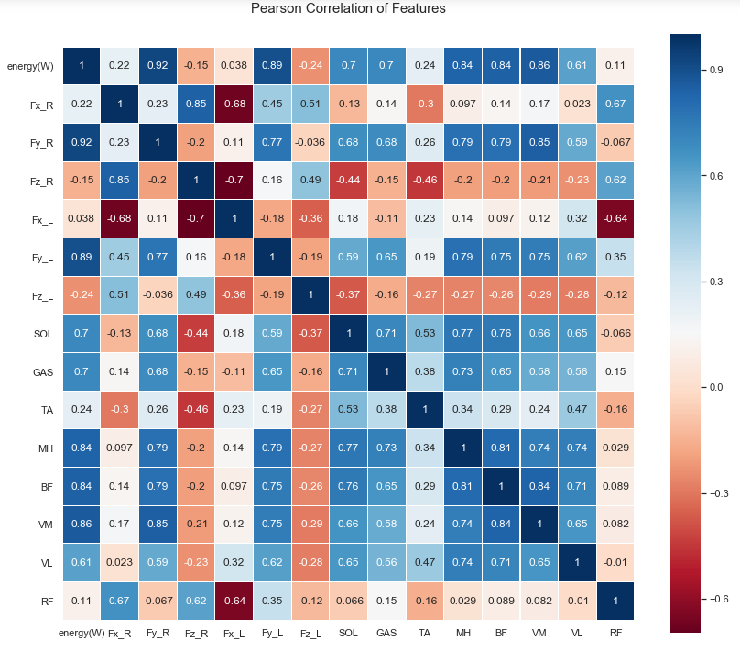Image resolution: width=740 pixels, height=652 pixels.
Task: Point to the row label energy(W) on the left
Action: click(x=31, y=66)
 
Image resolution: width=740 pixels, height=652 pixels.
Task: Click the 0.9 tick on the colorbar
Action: click(x=716, y=70)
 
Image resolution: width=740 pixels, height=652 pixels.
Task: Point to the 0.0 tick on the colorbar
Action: click(x=716, y=387)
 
